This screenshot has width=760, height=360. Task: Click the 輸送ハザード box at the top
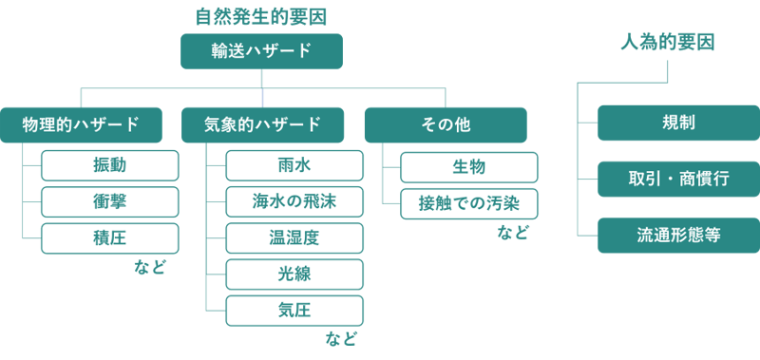coord(261,50)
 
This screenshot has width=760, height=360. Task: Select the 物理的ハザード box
coord(82,124)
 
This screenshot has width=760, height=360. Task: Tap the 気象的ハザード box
coord(262,124)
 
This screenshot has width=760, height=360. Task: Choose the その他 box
coord(446,124)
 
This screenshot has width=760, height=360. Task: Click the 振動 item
coord(110,165)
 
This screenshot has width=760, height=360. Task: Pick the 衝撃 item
coord(110,201)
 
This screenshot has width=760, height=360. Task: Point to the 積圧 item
coord(110,237)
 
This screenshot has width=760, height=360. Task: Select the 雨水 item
coord(294,165)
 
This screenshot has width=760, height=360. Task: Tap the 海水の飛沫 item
coord(294,201)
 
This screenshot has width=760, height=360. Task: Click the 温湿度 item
coord(294,237)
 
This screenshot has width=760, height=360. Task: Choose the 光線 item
coord(294,275)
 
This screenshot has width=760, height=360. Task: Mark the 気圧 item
coord(294,311)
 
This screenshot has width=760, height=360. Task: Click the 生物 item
coord(469,167)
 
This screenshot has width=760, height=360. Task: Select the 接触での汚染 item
coord(469,203)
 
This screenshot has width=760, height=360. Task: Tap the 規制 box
coord(678,123)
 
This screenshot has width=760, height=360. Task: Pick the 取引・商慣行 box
coord(678,179)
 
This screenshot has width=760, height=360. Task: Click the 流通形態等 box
coord(678,235)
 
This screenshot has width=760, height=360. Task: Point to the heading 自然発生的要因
coord(261,17)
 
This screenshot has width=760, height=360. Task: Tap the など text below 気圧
coord(339,338)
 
